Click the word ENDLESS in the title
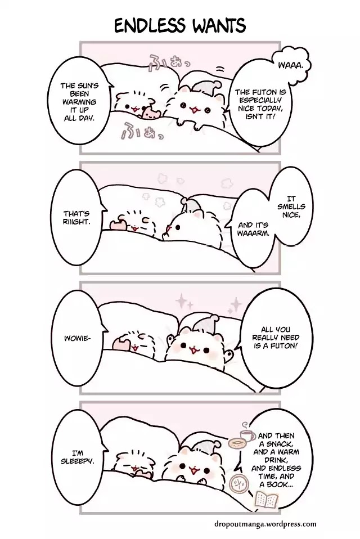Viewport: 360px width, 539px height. (150, 26)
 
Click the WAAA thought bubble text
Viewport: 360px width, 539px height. (290, 65)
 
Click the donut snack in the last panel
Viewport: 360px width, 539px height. (236, 443)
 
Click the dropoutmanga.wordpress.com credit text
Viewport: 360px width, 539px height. (265, 524)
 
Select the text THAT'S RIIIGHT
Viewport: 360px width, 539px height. (76, 218)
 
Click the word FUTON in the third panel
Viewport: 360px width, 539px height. (285, 345)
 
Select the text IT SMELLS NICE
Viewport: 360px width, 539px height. (291, 207)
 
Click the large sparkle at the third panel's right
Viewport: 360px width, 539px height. (236, 304)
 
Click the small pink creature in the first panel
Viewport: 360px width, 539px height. (151, 113)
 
